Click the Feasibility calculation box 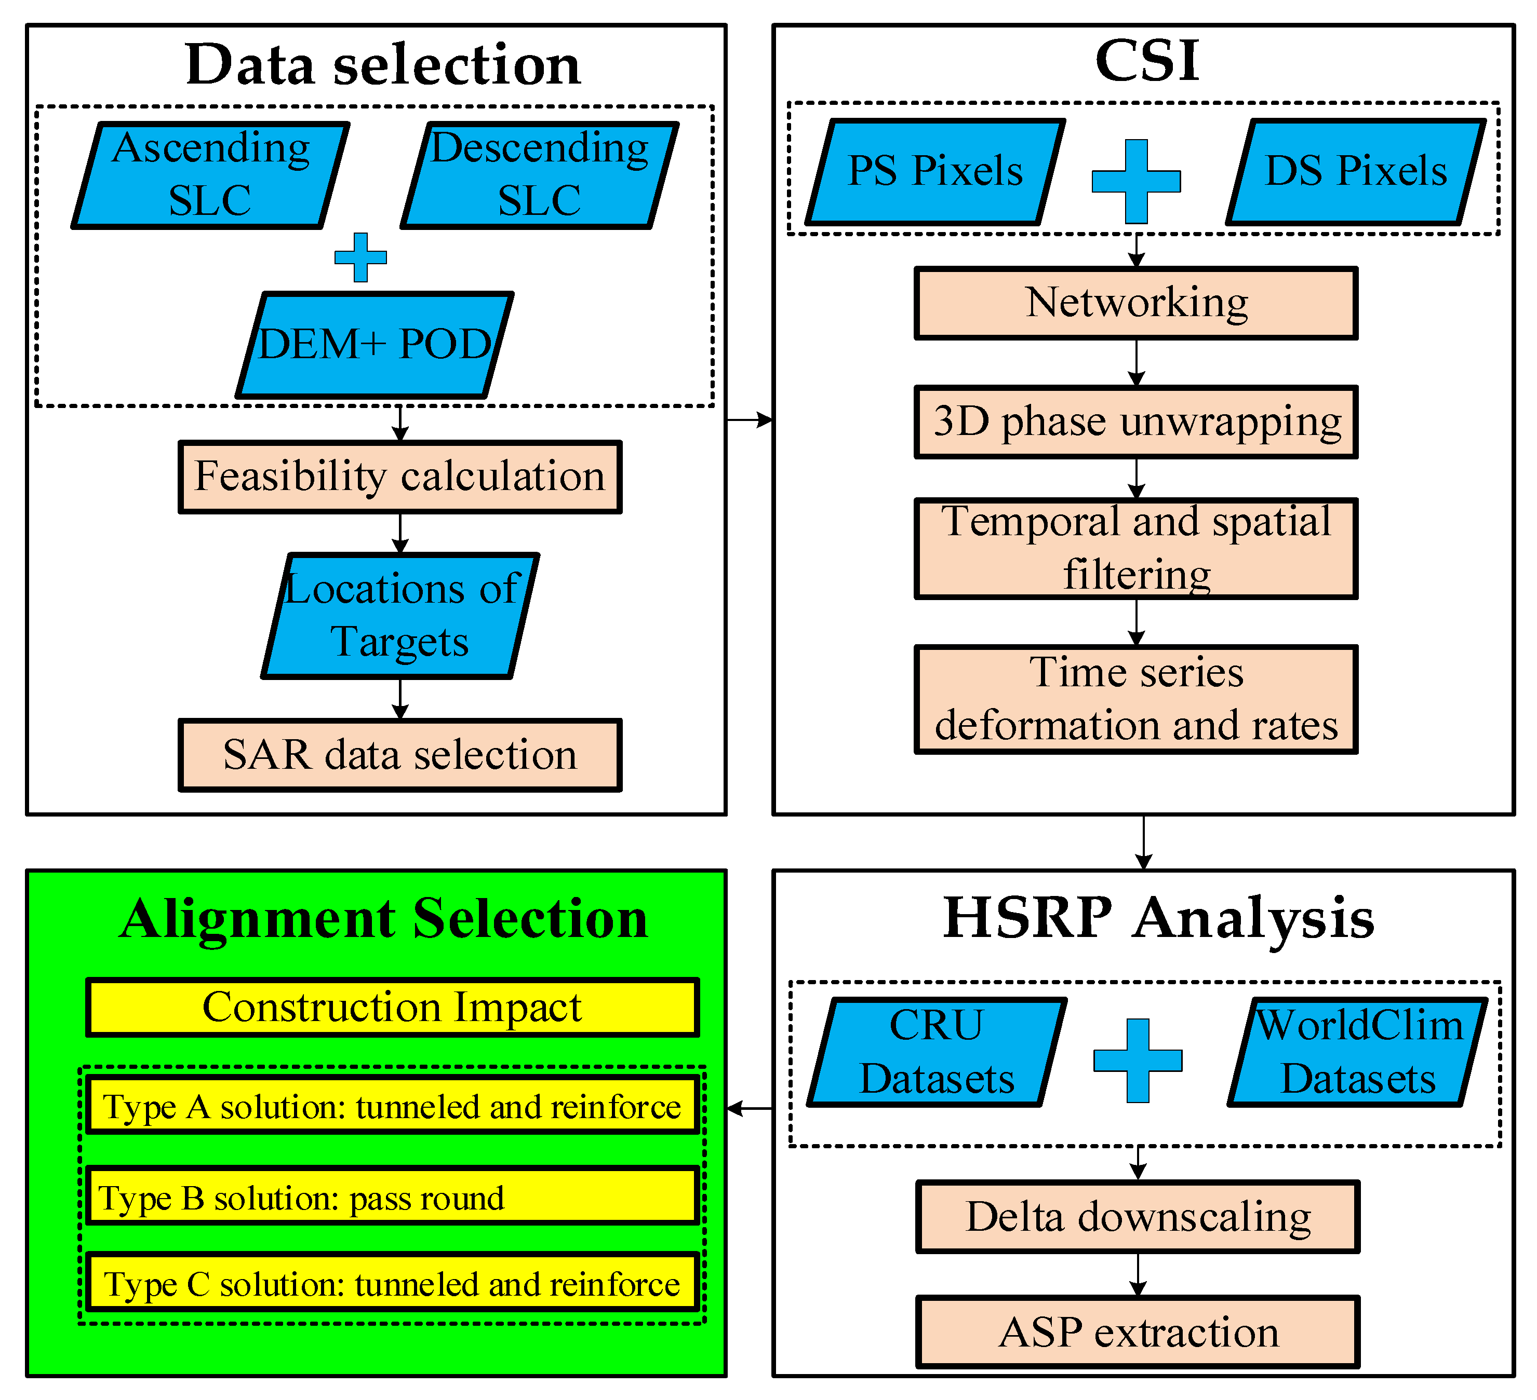(399, 477)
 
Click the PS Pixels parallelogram (935, 171)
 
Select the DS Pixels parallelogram (1356, 171)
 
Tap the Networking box (1136, 303)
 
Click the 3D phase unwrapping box (1136, 422)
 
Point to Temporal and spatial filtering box (1136, 549)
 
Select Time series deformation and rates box (1136, 699)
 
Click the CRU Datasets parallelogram (936, 1052)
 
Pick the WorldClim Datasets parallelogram (1358, 1052)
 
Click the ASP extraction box (1138, 1332)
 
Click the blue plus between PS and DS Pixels (1136, 181)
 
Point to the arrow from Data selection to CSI (750, 419)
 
